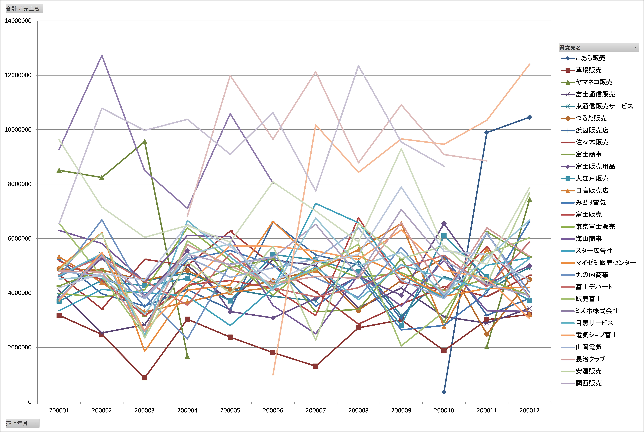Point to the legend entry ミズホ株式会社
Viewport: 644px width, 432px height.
(590, 311)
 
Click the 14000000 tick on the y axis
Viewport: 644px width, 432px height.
(18, 21)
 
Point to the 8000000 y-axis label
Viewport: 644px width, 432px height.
(20, 184)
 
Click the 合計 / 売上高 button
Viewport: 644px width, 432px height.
(24, 9)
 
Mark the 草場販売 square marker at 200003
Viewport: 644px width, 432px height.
(144, 378)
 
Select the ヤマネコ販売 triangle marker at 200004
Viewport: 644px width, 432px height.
(187, 356)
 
